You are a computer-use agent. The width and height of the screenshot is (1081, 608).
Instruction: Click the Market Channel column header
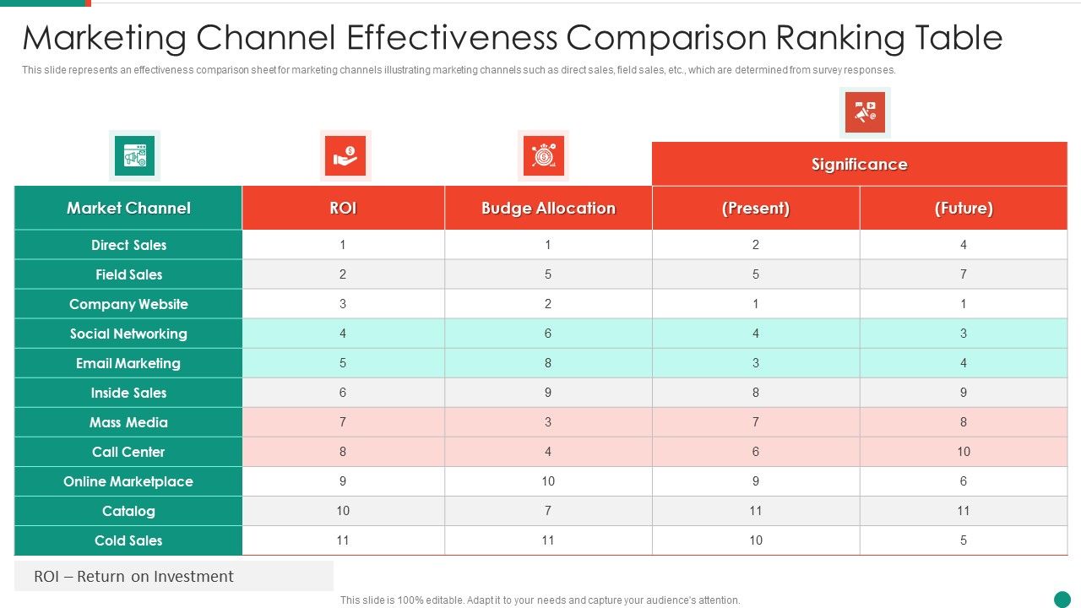point(128,208)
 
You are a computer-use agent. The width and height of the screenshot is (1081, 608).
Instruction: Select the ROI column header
point(343,208)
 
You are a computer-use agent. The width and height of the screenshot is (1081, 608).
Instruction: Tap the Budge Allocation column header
point(548,208)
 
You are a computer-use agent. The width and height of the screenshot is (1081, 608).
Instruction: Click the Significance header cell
point(859,164)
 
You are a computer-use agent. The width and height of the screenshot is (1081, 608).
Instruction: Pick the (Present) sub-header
point(755,208)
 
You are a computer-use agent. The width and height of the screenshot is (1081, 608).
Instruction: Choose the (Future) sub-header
point(964,208)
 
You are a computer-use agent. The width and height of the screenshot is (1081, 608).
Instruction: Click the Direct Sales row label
point(128,245)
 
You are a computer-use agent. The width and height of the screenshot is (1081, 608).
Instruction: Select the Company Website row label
point(128,304)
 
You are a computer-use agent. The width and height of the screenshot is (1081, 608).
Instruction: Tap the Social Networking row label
point(128,334)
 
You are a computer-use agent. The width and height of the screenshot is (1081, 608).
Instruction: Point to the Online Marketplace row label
point(128,481)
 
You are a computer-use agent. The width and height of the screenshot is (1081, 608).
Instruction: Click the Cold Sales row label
point(128,540)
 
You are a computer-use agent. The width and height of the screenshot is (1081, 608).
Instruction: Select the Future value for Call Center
point(964,452)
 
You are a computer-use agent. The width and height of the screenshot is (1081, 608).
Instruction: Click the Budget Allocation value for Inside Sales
point(548,393)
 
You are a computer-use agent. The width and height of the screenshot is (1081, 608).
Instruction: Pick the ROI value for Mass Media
point(343,422)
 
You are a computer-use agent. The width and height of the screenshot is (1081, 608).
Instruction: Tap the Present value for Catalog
point(755,511)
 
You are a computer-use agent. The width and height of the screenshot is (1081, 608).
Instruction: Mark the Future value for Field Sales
point(964,274)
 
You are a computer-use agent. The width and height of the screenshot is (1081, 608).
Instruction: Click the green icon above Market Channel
point(135,155)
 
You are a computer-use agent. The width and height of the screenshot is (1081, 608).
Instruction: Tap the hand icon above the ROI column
point(345,155)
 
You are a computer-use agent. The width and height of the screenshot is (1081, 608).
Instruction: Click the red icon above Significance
point(865,112)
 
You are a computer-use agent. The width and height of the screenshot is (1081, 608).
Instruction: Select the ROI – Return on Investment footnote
point(133,577)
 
